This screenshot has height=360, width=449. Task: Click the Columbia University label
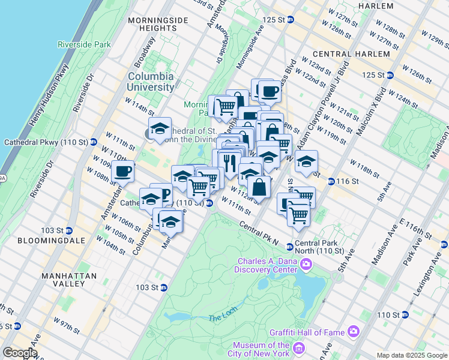pos(150,82)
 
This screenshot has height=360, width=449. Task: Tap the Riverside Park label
pos(85,44)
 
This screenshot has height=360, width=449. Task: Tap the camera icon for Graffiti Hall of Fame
pos(353,331)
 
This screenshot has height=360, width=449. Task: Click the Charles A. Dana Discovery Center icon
pos(306,264)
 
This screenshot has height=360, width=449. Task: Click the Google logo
pos(19,353)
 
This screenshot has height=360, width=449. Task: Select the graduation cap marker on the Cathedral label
pos(160,128)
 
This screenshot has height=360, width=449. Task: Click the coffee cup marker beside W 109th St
pos(122,171)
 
